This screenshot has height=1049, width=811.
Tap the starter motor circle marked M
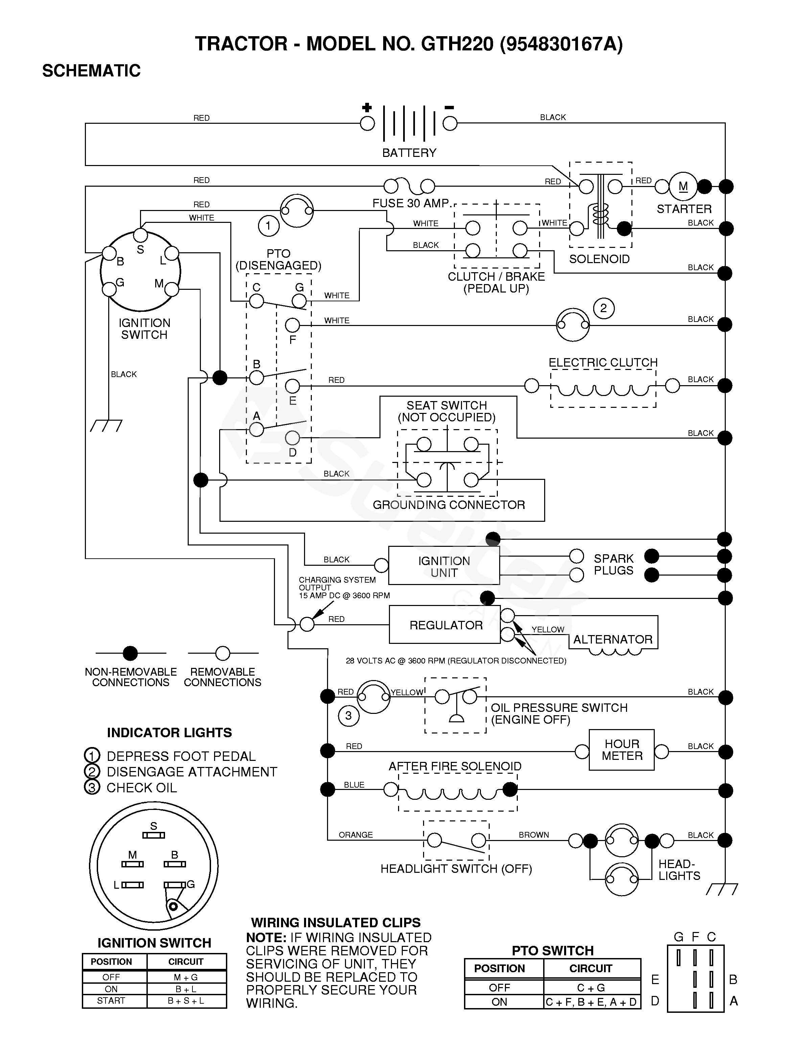tap(683, 186)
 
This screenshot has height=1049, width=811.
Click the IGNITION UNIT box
tap(444, 567)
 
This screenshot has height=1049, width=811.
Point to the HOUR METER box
tap(622, 750)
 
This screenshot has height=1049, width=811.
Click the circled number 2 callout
tap(603, 308)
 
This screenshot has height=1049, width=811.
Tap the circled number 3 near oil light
tap(348, 716)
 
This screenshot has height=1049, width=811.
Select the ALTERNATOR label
tap(612, 639)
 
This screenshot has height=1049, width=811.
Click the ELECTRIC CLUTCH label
tap(603, 363)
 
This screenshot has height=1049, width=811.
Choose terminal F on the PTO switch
tap(292, 326)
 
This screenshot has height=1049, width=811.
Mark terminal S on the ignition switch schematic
tap(140, 235)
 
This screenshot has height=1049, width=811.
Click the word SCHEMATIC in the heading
tap(91, 71)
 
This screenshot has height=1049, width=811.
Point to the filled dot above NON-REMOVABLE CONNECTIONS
tap(130, 653)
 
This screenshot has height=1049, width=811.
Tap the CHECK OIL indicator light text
tap(141, 788)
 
